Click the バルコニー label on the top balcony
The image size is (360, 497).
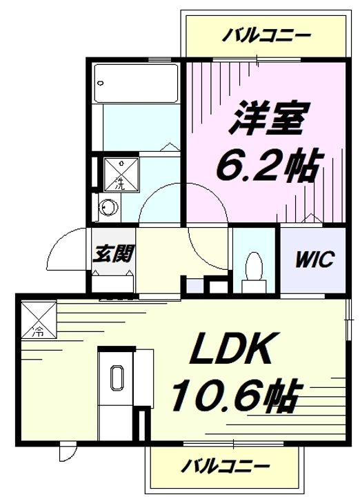tap(266, 35)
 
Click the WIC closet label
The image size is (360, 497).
tap(315, 260)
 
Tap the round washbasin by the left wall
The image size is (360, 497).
tap(107, 207)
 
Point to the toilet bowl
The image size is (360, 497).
tap(253, 266)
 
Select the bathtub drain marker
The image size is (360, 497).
tap(101, 82)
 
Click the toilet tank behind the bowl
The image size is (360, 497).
tap(254, 284)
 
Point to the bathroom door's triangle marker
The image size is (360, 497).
tap(166, 146)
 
